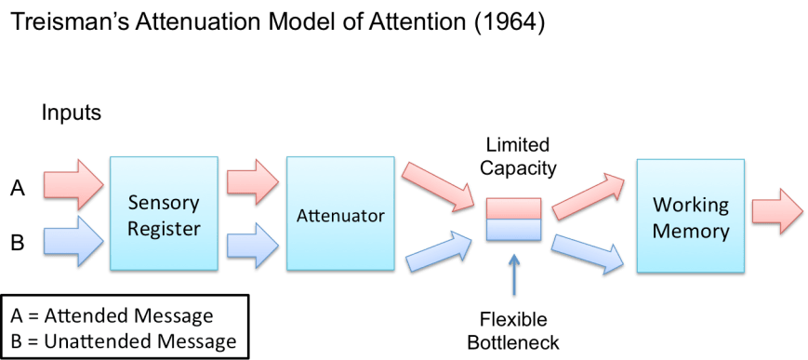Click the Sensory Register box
164,215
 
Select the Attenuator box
340,215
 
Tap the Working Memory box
689,217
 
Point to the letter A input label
17,189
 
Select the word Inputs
72,113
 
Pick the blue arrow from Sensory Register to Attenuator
252,247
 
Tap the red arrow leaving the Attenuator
439,185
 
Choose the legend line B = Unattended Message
125,340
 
